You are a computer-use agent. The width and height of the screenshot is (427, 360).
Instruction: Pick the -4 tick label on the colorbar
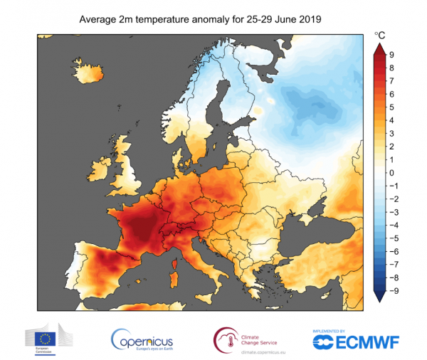391,226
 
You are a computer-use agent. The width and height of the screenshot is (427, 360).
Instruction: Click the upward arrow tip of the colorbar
379,43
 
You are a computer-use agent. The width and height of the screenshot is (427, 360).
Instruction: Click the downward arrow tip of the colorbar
379,301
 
